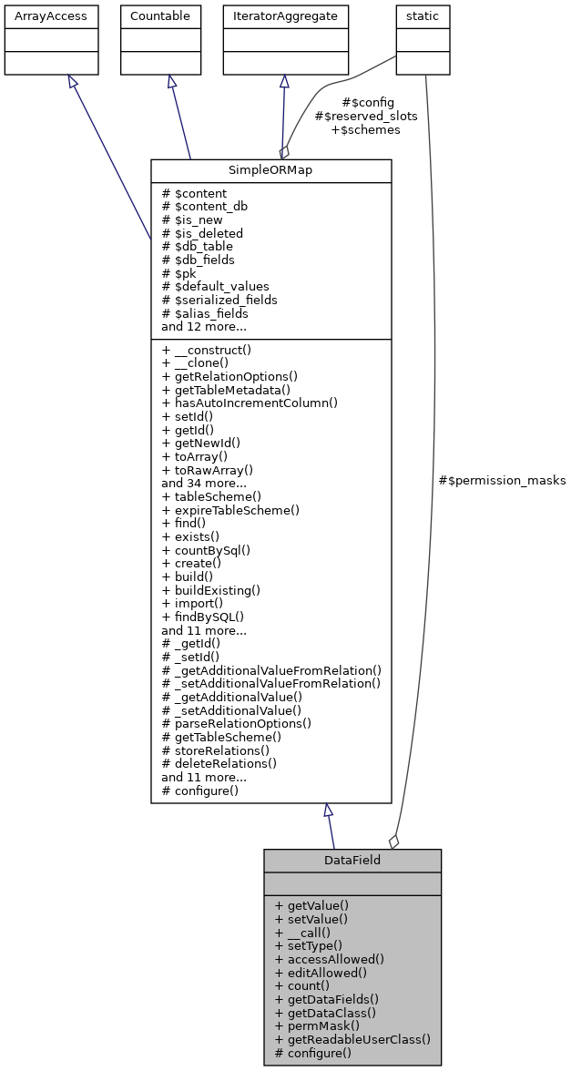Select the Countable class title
[x=160, y=15]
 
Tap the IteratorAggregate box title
[x=286, y=15]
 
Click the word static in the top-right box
[x=423, y=15]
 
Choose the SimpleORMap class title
[x=270, y=170]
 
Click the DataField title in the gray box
[x=352, y=860]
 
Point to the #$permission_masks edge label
[x=502, y=480]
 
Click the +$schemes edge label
[x=365, y=129]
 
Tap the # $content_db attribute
[x=204, y=206]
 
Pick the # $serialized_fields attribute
[x=219, y=300]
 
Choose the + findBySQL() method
[x=203, y=616]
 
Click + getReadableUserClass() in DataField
[x=352, y=1039]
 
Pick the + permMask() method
[x=313, y=1025]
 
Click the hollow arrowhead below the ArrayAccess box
[x=71, y=82]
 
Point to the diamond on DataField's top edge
[x=393, y=841]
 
